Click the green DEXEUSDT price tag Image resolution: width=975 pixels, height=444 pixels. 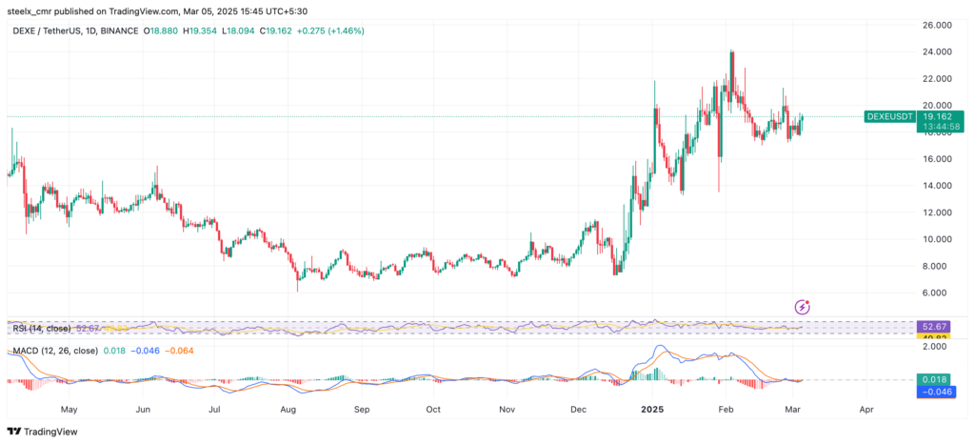[x=889, y=116]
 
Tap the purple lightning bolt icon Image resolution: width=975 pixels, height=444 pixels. [x=803, y=307]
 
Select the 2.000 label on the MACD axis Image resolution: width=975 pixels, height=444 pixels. [x=937, y=348]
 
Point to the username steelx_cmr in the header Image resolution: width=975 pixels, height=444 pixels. [x=32, y=11]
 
